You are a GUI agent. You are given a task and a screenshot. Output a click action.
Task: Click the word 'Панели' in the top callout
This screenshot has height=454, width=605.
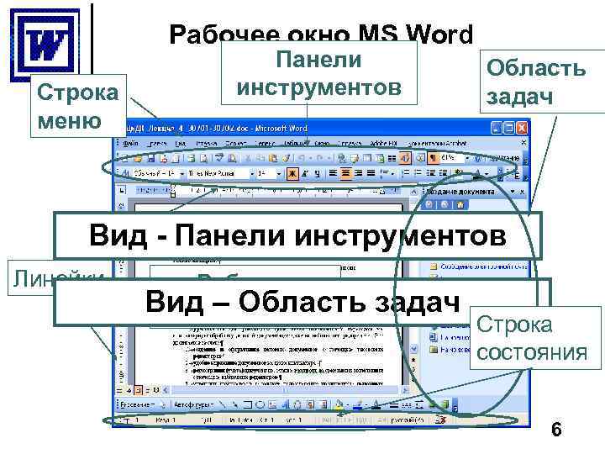click(x=318, y=60)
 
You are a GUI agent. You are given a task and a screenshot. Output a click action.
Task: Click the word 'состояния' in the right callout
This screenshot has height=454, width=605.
click(x=530, y=351)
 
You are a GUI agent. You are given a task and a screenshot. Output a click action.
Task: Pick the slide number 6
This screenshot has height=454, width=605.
click(x=555, y=430)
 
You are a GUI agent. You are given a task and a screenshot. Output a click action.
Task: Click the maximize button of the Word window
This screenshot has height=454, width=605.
click(x=510, y=128)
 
